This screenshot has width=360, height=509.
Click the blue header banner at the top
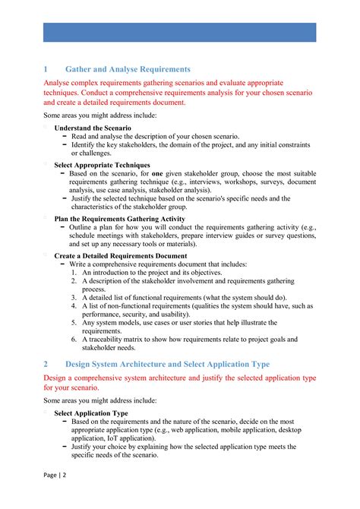[x=179, y=32]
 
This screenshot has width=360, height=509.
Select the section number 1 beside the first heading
[x=46, y=69]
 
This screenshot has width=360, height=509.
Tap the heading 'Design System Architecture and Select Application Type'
[x=167, y=364]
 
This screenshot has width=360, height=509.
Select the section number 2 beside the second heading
[x=46, y=364]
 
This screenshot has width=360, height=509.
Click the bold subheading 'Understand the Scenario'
[x=93, y=128]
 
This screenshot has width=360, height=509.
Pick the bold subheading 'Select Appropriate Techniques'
[x=102, y=165]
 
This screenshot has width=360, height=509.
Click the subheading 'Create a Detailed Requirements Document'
[x=121, y=256]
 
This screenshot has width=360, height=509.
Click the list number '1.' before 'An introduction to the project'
[x=75, y=272]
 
